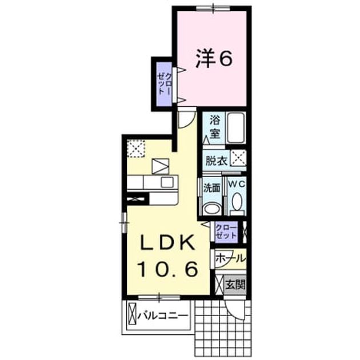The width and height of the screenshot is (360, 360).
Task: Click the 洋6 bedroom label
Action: [214, 59]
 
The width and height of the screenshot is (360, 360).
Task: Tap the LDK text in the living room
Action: [167, 243]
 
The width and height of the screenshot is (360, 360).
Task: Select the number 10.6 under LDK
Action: [167, 269]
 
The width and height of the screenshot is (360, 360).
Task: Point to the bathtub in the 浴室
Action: [235, 127]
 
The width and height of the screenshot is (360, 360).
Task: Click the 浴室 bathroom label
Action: [215, 127]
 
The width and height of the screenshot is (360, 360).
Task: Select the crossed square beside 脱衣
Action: [238, 158]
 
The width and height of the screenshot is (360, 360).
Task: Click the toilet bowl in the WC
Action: [237, 203]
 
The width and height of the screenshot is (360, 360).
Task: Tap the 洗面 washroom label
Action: [212, 188]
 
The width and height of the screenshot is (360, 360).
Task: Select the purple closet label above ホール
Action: [226, 231]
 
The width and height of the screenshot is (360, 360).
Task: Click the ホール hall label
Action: [230, 258]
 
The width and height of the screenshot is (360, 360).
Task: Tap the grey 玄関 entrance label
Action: [235, 285]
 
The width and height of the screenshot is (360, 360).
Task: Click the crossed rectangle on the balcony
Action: [132, 314]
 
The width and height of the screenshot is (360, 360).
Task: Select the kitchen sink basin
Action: [167, 182]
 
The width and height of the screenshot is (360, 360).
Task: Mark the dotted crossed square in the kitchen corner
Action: [136, 149]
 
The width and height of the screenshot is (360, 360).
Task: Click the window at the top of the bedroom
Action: [213, 9]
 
